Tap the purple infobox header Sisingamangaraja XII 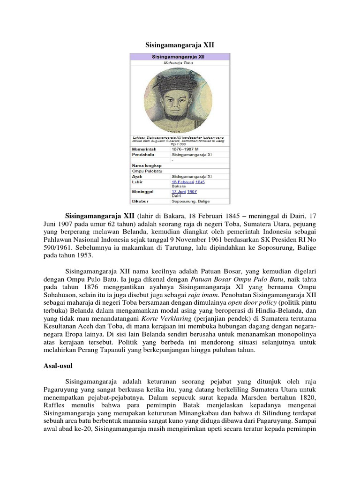click(x=180, y=56)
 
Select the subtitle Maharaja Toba click(x=180, y=62)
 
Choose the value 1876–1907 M click(x=187, y=149)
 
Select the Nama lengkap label click(x=147, y=166)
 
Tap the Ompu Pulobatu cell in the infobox click(x=146, y=172)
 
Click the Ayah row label click(x=137, y=177)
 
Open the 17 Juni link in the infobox click(x=180, y=192)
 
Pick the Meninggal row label click(x=144, y=192)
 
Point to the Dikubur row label click(x=142, y=202)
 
